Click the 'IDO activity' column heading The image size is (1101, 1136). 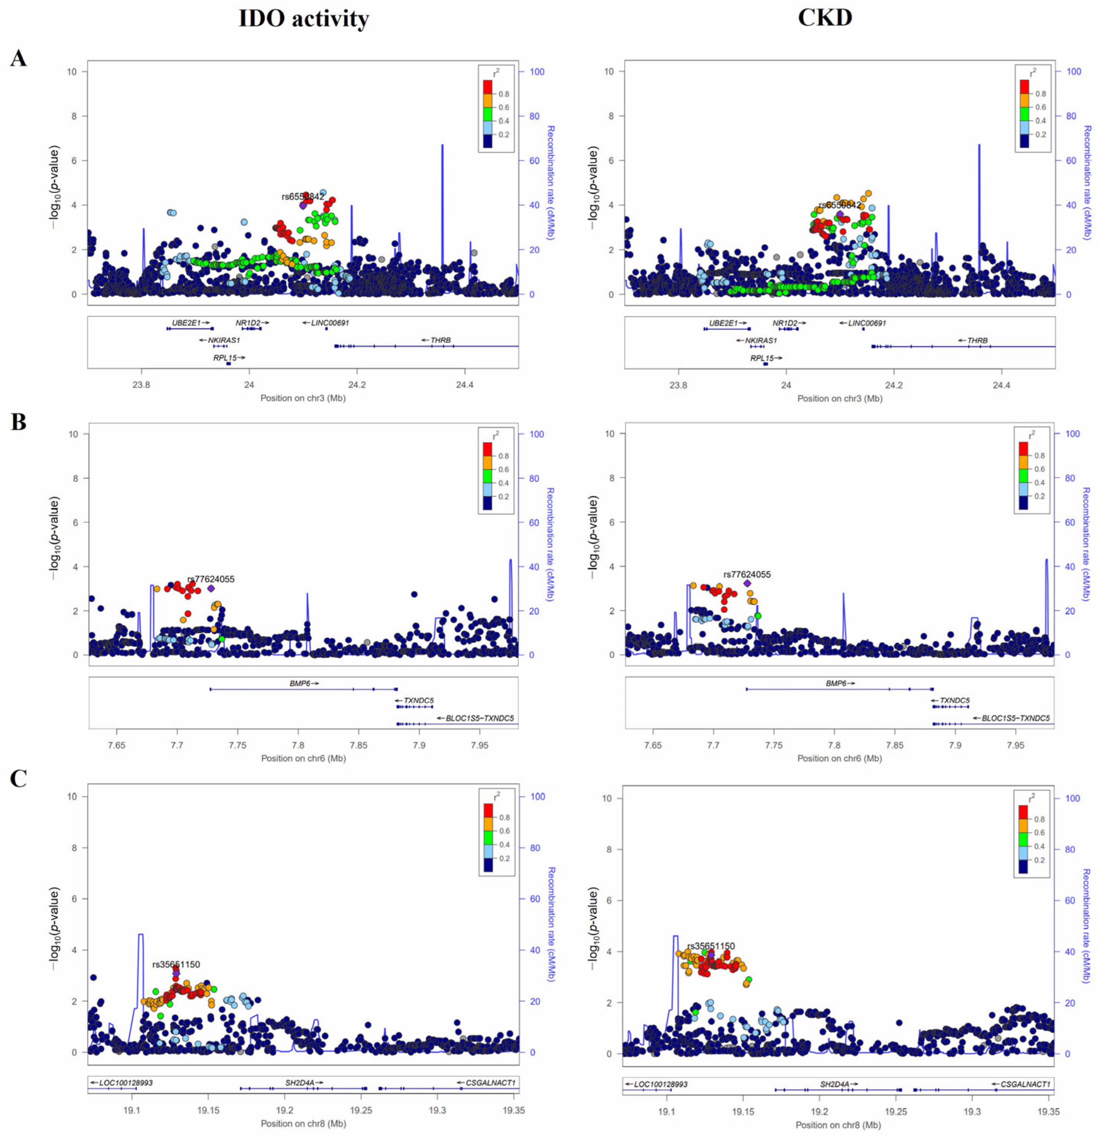pos(304,19)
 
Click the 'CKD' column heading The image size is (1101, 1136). pos(825,17)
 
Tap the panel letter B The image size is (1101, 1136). pos(19,422)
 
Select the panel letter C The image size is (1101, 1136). pos(19,778)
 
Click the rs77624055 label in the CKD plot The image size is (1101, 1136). pos(746,574)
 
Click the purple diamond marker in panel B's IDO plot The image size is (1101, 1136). pos(211,588)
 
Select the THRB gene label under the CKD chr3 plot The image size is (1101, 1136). pos(977,340)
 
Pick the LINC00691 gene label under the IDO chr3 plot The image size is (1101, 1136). pos(329,323)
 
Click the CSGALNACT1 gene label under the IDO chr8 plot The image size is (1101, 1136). pos(490,1082)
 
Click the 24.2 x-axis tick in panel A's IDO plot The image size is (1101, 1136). pos(357,384)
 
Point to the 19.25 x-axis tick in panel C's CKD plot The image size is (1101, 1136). pos(896,1112)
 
